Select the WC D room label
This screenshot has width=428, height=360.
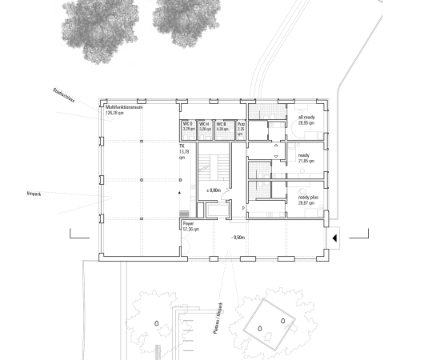[x=188, y=126]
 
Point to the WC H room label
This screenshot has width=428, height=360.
[x=205, y=126]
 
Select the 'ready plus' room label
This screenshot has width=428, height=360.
[x=308, y=199]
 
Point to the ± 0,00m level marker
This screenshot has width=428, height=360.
[x=213, y=190]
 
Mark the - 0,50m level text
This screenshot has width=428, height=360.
[x=238, y=238]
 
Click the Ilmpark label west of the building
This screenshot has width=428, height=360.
[x=33, y=194]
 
